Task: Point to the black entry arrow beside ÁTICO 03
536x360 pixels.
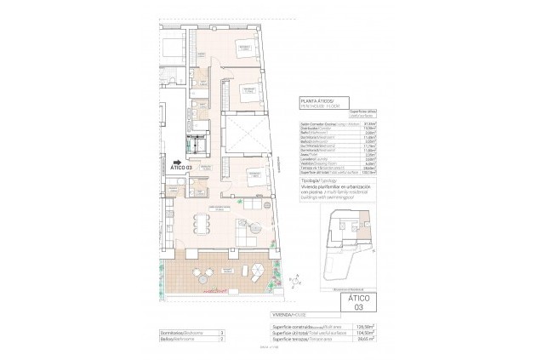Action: pyautogui.click(x=176, y=159)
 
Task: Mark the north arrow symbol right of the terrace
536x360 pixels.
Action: pyautogui.click(x=295, y=278)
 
